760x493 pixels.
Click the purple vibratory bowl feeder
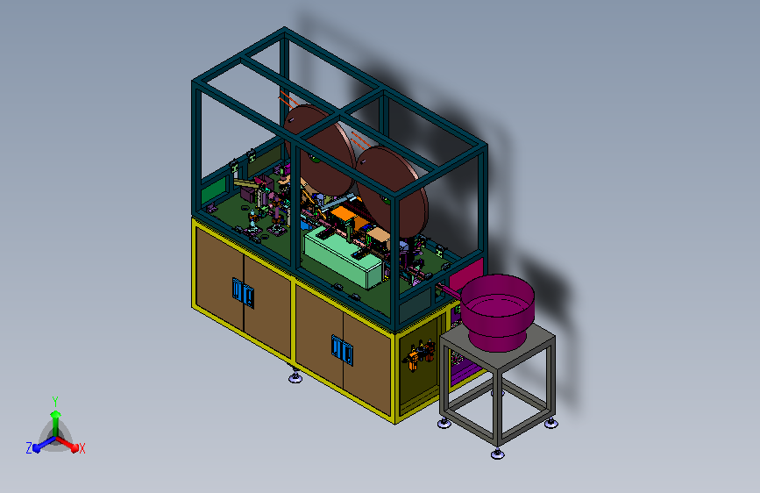pyautogui.click(x=497, y=311)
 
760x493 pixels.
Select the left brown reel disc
pyautogui.click(x=320, y=149)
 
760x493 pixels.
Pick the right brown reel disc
pyautogui.click(x=393, y=191)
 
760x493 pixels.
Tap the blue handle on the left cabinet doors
pyautogui.click(x=243, y=293)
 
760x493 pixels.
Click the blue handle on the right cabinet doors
pyautogui.click(x=342, y=350)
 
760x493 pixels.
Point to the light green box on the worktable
pyautogui.click(x=343, y=257)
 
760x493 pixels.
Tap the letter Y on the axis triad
pyautogui.click(x=55, y=402)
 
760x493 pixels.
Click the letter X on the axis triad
pyautogui.click(x=82, y=449)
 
